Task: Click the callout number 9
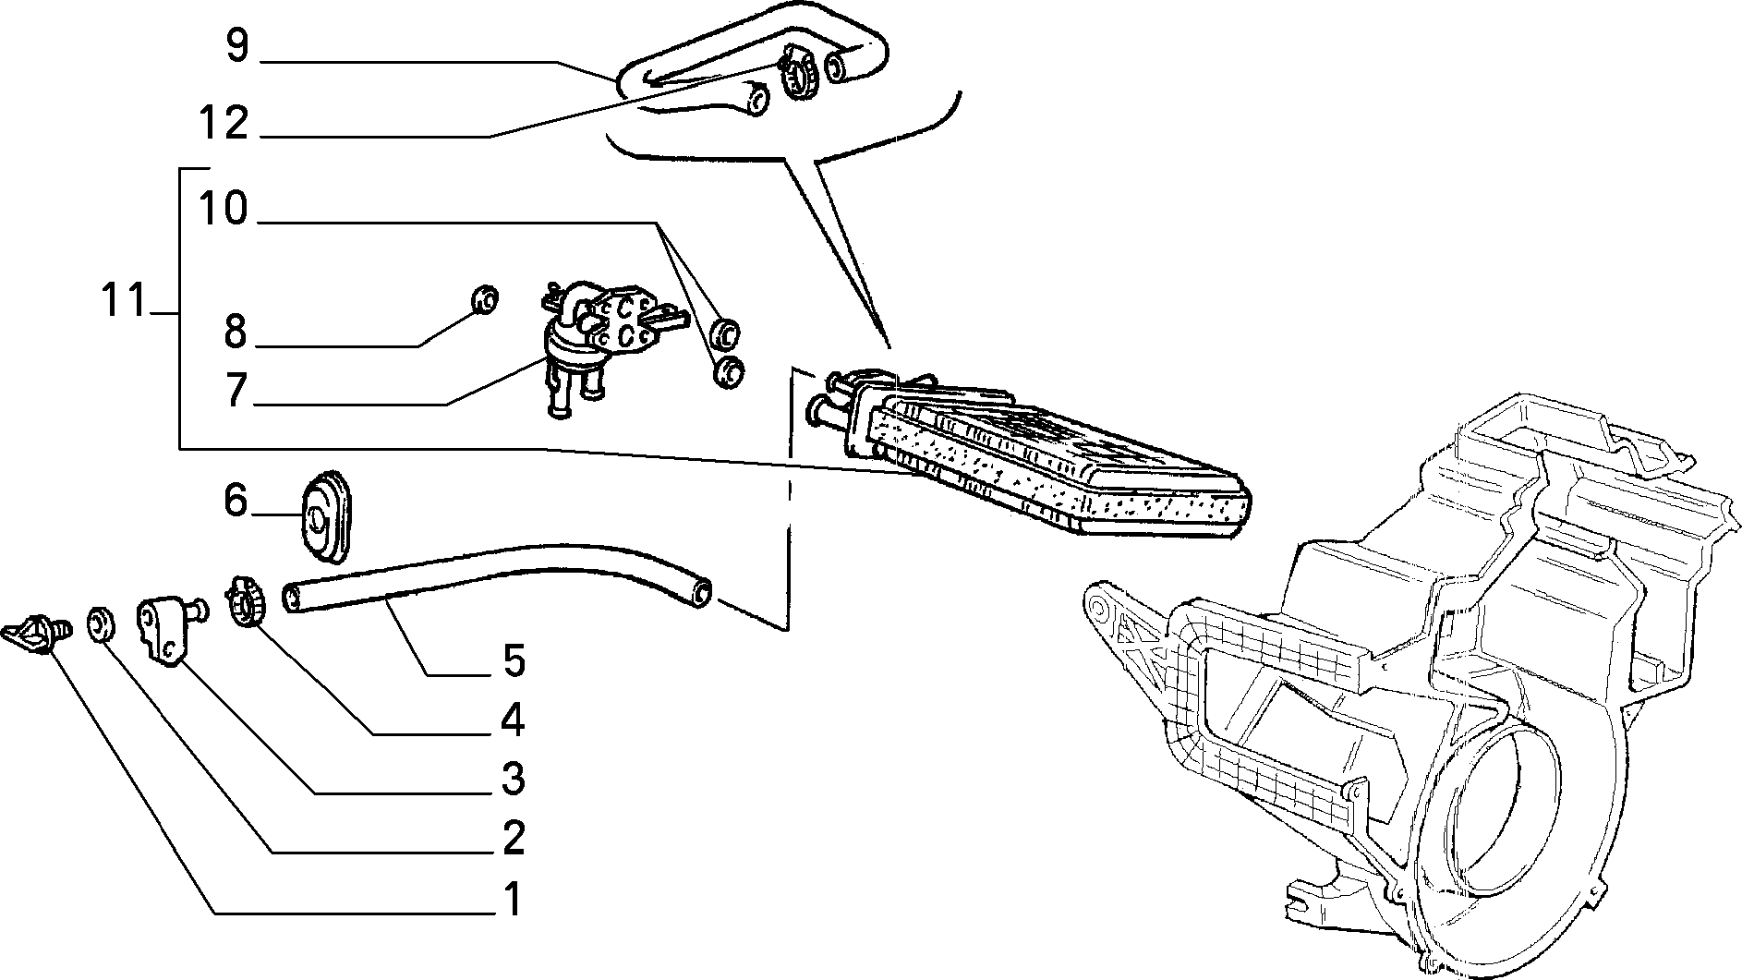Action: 237,46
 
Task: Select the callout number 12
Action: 224,122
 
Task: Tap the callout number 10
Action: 224,209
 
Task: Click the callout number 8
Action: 236,332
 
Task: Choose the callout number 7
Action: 237,391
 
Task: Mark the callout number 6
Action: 236,502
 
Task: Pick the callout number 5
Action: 514,660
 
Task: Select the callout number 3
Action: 513,779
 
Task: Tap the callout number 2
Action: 513,838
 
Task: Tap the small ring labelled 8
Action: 484,299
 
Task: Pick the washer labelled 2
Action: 101,623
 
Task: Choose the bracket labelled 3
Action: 169,629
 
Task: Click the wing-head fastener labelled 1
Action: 38,633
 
